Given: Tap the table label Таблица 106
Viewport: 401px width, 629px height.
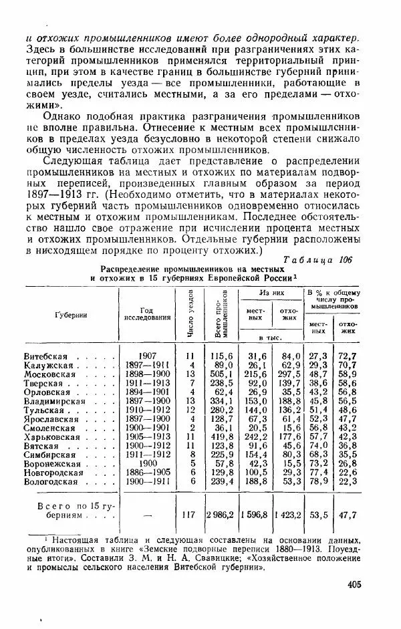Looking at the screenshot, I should (x=322, y=259).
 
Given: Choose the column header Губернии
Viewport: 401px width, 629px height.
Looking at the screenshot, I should (x=72, y=315).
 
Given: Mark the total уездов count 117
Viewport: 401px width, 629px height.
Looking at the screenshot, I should (x=190, y=515).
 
